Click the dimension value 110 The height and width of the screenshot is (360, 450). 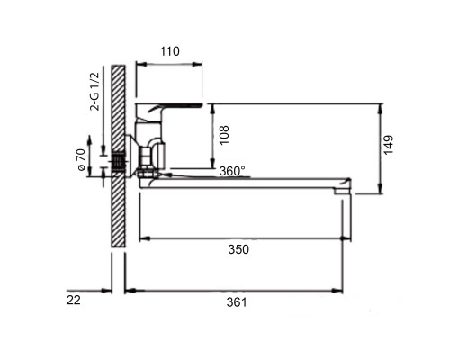click(x=170, y=51)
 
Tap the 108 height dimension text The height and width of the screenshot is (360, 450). click(x=224, y=135)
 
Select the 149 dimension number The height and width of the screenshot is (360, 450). click(x=389, y=145)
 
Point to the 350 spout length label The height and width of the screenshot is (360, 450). click(x=238, y=249)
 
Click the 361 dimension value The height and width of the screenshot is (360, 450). click(x=237, y=302)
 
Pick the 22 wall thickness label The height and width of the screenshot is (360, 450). click(x=74, y=300)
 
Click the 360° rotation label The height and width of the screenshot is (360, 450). click(x=232, y=171)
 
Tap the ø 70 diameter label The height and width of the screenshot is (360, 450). click(x=82, y=160)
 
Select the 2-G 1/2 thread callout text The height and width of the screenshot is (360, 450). click(x=94, y=92)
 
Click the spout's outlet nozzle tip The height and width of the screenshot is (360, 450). click(x=343, y=191)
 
